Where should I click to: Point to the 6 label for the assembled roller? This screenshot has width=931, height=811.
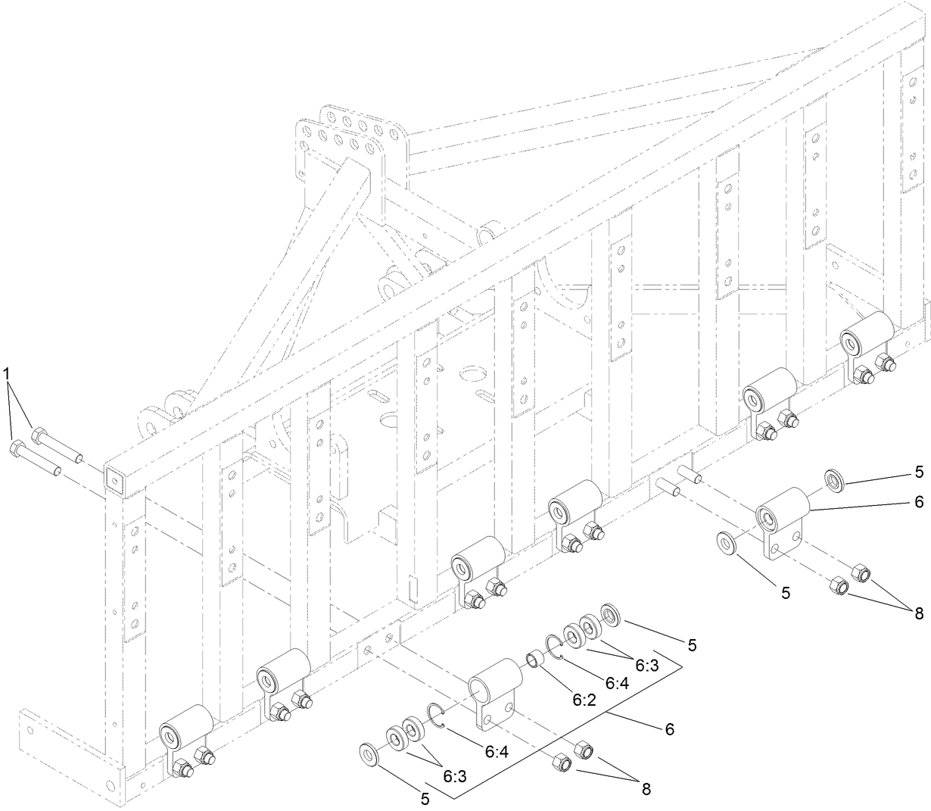(919, 501)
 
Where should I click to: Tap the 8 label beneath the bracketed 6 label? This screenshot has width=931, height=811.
(646, 788)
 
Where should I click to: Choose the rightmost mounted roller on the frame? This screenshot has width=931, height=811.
(867, 332)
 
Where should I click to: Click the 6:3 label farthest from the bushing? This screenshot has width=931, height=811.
(454, 776)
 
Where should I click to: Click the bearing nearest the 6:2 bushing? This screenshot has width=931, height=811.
(574, 635)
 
